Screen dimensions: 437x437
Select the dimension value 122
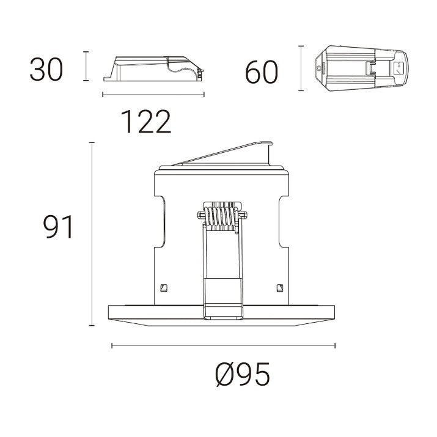click(x=145, y=122)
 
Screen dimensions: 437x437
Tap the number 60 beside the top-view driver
click(x=262, y=73)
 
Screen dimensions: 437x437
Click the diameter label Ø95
click(x=242, y=375)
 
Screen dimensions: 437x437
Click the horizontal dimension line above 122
click(x=153, y=94)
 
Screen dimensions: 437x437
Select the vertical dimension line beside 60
click(x=300, y=68)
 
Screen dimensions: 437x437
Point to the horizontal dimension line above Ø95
click(x=222, y=346)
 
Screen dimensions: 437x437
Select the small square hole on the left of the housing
click(x=163, y=287)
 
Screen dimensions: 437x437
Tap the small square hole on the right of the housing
click(x=280, y=287)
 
